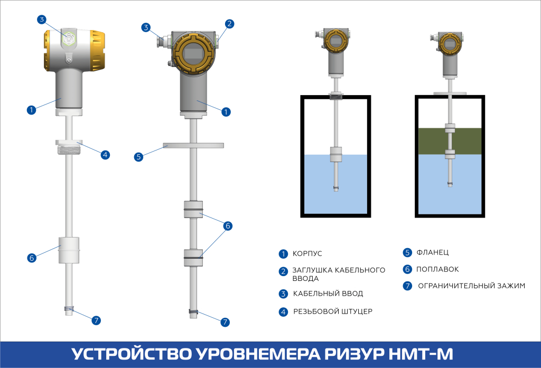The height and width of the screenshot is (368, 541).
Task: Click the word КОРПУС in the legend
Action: pos(307,254)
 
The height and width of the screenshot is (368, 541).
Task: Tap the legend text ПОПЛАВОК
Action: pos(437,269)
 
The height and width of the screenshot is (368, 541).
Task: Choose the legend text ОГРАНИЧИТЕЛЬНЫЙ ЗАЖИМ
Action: pos(472,286)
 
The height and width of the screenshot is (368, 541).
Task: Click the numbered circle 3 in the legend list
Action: pos(283,294)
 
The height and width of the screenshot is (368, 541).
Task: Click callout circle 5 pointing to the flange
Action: pos(138,157)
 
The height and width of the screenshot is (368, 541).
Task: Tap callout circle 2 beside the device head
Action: pos(229,23)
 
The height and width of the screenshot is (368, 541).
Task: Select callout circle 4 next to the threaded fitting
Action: pos(105,155)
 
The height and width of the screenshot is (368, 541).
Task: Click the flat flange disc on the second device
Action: pos(193,145)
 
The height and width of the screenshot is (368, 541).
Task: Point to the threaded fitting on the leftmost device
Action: pos(69,147)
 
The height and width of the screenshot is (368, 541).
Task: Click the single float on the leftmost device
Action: pos(69,249)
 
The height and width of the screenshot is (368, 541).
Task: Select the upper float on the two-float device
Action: pos(193,209)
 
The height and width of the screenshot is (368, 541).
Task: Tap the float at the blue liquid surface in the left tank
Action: pos(336,155)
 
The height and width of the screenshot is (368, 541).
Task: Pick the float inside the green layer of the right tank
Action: pos(450,128)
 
